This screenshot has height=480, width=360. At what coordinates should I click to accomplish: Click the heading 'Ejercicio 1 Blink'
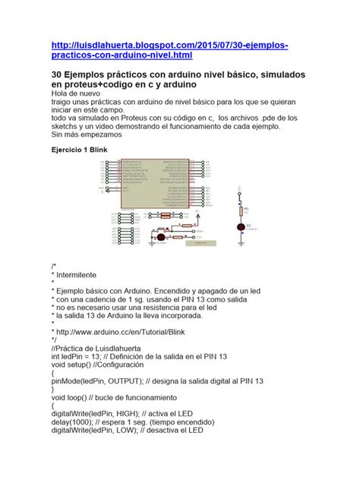(84, 150)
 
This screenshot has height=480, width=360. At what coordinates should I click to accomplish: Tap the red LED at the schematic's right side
(242, 226)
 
